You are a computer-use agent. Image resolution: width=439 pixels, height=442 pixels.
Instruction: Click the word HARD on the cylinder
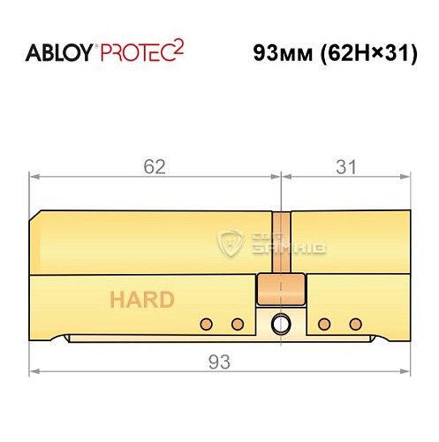(141, 299)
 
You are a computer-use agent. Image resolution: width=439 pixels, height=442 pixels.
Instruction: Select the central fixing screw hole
(282, 323)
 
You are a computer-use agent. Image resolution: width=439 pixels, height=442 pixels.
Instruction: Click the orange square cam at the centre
(281, 287)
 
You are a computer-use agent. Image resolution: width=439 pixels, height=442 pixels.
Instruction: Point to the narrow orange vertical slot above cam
(281, 243)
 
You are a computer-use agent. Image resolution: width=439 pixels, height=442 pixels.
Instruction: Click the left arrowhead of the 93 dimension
(34, 372)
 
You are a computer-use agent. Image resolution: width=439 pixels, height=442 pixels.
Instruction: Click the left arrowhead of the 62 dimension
(34, 177)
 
